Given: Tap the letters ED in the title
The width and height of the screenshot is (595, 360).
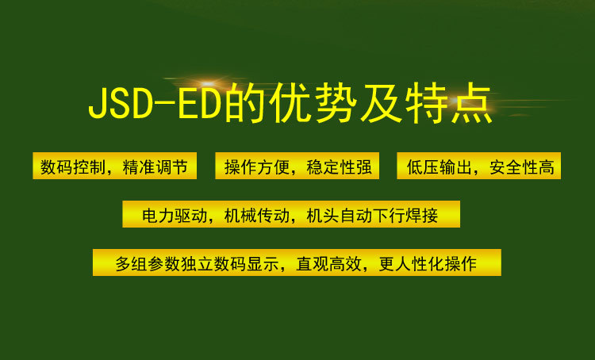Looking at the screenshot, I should pos(200,105).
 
